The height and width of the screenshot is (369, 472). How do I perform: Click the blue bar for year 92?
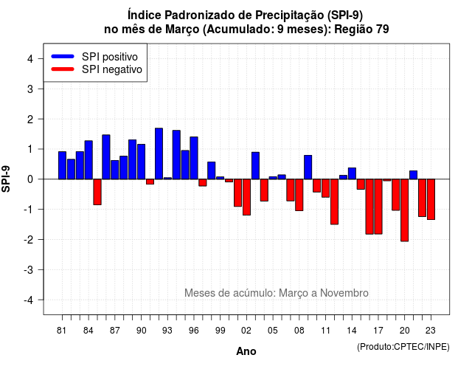pos(159,154)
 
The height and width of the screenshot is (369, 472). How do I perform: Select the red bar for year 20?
pos(405,210)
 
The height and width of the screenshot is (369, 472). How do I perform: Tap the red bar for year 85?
pos(97,192)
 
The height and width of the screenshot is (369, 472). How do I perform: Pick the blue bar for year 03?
pos(256,165)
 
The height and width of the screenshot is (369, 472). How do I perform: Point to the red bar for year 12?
pos(334,201)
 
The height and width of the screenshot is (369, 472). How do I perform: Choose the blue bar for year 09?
pos(308,168)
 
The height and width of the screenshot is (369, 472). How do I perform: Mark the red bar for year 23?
pos(431,199)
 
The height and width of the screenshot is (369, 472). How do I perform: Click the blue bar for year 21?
pos(413,175)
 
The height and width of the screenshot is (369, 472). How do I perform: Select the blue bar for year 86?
pos(106,157)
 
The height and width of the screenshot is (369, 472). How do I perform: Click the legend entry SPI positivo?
pos(110,57)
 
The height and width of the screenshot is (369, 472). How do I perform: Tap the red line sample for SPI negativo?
pos(63,69)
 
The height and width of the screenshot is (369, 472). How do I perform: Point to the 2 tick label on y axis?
pos(30,120)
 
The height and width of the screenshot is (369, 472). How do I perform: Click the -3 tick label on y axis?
pos(28,270)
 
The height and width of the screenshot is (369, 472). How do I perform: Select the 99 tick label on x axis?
pos(221,331)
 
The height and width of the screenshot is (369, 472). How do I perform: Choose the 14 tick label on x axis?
pos(352,331)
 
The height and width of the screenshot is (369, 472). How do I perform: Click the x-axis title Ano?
pos(246,351)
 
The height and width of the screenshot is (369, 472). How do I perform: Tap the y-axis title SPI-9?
pos(6,179)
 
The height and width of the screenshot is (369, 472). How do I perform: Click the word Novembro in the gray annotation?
pos(344,293)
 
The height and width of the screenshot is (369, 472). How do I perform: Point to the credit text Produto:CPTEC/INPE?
pos(403,347)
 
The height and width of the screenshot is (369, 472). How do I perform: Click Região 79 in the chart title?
pos(361,30)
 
